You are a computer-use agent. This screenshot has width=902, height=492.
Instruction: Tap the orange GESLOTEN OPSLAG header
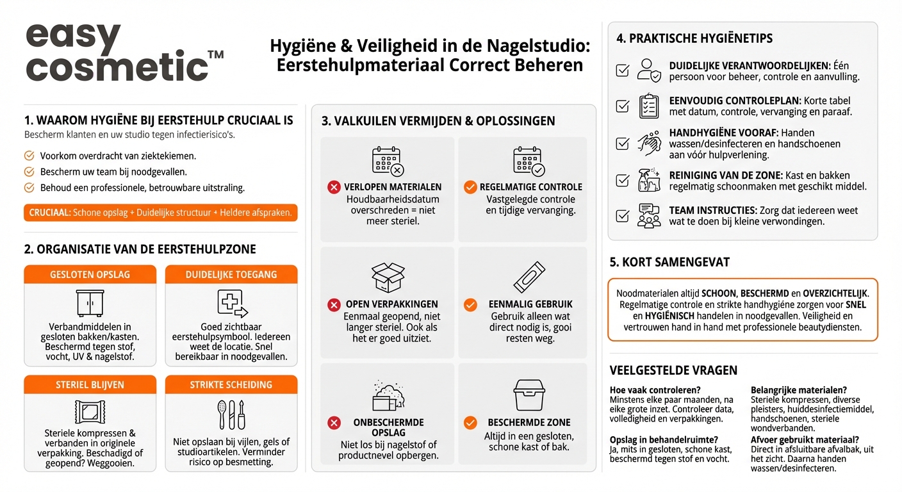[x=90, y=274]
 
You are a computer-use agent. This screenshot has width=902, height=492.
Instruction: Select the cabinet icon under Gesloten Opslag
[x=90, y=303]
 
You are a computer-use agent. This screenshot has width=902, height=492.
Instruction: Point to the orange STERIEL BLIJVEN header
[x=90, y=385]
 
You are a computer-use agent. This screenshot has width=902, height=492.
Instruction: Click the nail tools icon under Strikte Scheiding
[x=231, y=414]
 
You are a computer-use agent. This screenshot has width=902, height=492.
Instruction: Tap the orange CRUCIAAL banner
[x=160, y=213]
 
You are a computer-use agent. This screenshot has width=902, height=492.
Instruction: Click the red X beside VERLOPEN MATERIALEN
[x=334, y=187]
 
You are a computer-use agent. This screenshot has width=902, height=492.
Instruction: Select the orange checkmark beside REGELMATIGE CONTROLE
[x=470, y=187]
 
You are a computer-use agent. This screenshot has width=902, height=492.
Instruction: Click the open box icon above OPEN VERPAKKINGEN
[x=388, y=277]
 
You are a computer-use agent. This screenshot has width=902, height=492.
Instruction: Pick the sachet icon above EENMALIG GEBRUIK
[x=529, y=277]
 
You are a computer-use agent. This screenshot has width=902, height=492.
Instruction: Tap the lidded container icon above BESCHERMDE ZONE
[x=529, y=395]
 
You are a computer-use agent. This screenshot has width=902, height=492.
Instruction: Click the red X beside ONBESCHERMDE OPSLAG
[x=334, y=422]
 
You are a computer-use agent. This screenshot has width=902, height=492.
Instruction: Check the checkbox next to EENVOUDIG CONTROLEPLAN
[x=622, y=106]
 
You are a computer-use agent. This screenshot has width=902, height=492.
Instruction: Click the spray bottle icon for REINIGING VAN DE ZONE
[x=649, y=179]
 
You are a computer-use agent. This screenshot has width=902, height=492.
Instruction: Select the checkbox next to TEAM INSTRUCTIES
[x=622, y=216]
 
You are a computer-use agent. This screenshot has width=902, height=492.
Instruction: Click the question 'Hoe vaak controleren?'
[x=655, y=389]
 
